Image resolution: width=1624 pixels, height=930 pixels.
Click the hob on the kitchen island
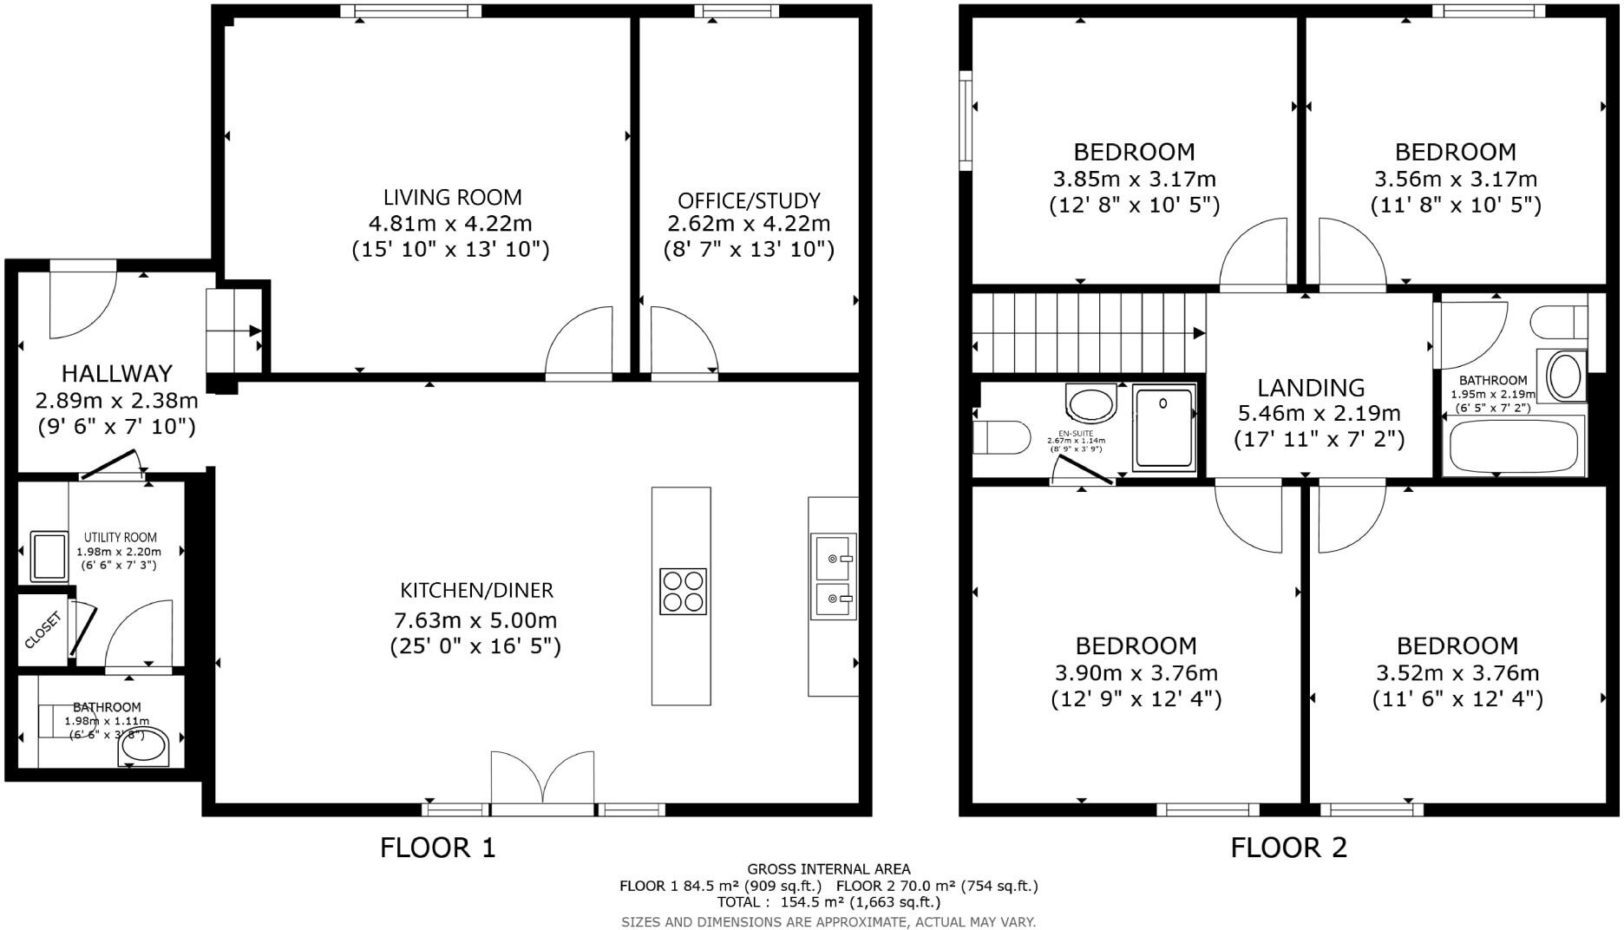683,592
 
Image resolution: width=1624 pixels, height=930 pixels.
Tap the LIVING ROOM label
453,198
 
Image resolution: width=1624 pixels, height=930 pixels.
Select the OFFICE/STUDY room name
749,201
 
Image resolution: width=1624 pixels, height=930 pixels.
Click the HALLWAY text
116,374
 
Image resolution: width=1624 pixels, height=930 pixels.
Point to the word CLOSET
43,631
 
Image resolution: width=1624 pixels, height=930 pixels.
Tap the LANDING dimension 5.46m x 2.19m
1317,413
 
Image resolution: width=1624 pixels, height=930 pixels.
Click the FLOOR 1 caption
437,848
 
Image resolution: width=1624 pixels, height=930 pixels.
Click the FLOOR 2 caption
1288,848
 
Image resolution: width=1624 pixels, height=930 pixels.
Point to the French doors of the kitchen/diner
543,779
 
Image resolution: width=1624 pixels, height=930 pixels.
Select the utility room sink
49,556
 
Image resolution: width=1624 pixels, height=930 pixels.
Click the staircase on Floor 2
1088,333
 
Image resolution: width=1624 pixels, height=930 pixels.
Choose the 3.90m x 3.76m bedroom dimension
1136,673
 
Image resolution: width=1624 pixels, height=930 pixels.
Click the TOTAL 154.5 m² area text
828,902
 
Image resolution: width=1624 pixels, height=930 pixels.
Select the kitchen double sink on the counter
833,577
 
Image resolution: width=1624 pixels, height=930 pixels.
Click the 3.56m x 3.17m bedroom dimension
1455,180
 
